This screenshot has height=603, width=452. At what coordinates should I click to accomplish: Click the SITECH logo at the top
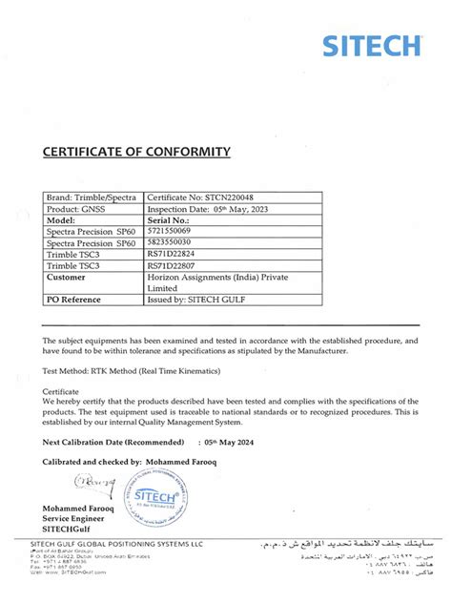tap(371, 45)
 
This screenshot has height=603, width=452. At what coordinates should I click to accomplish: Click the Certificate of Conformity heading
tap(136, 152)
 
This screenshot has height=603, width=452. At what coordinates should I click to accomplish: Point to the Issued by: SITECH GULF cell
tap(199, 300)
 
